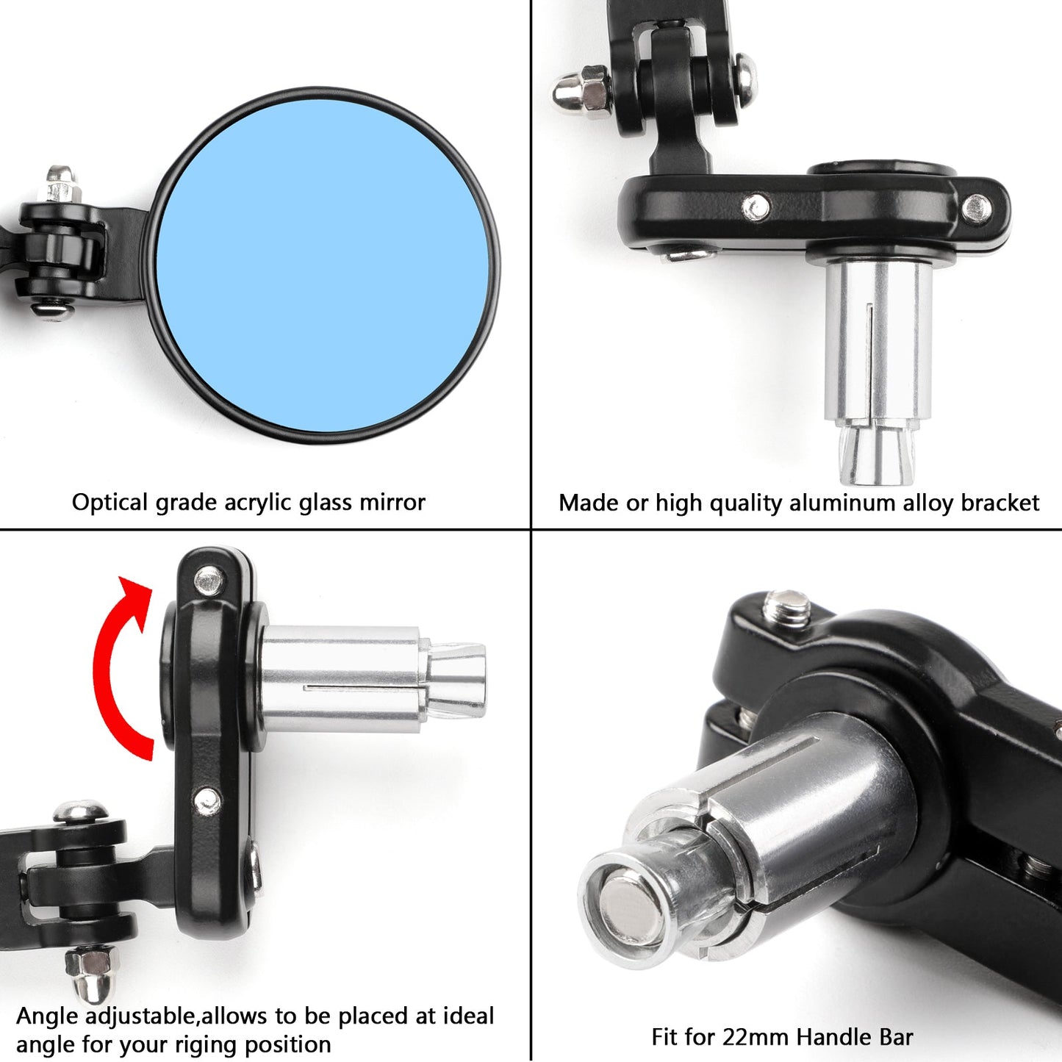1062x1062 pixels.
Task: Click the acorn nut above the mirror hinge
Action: click(60, 182)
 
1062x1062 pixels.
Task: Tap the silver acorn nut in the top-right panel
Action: click(581, 93)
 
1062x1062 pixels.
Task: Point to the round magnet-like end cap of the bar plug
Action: click(630, 900)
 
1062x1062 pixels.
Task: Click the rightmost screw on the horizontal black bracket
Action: click(976, 209)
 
